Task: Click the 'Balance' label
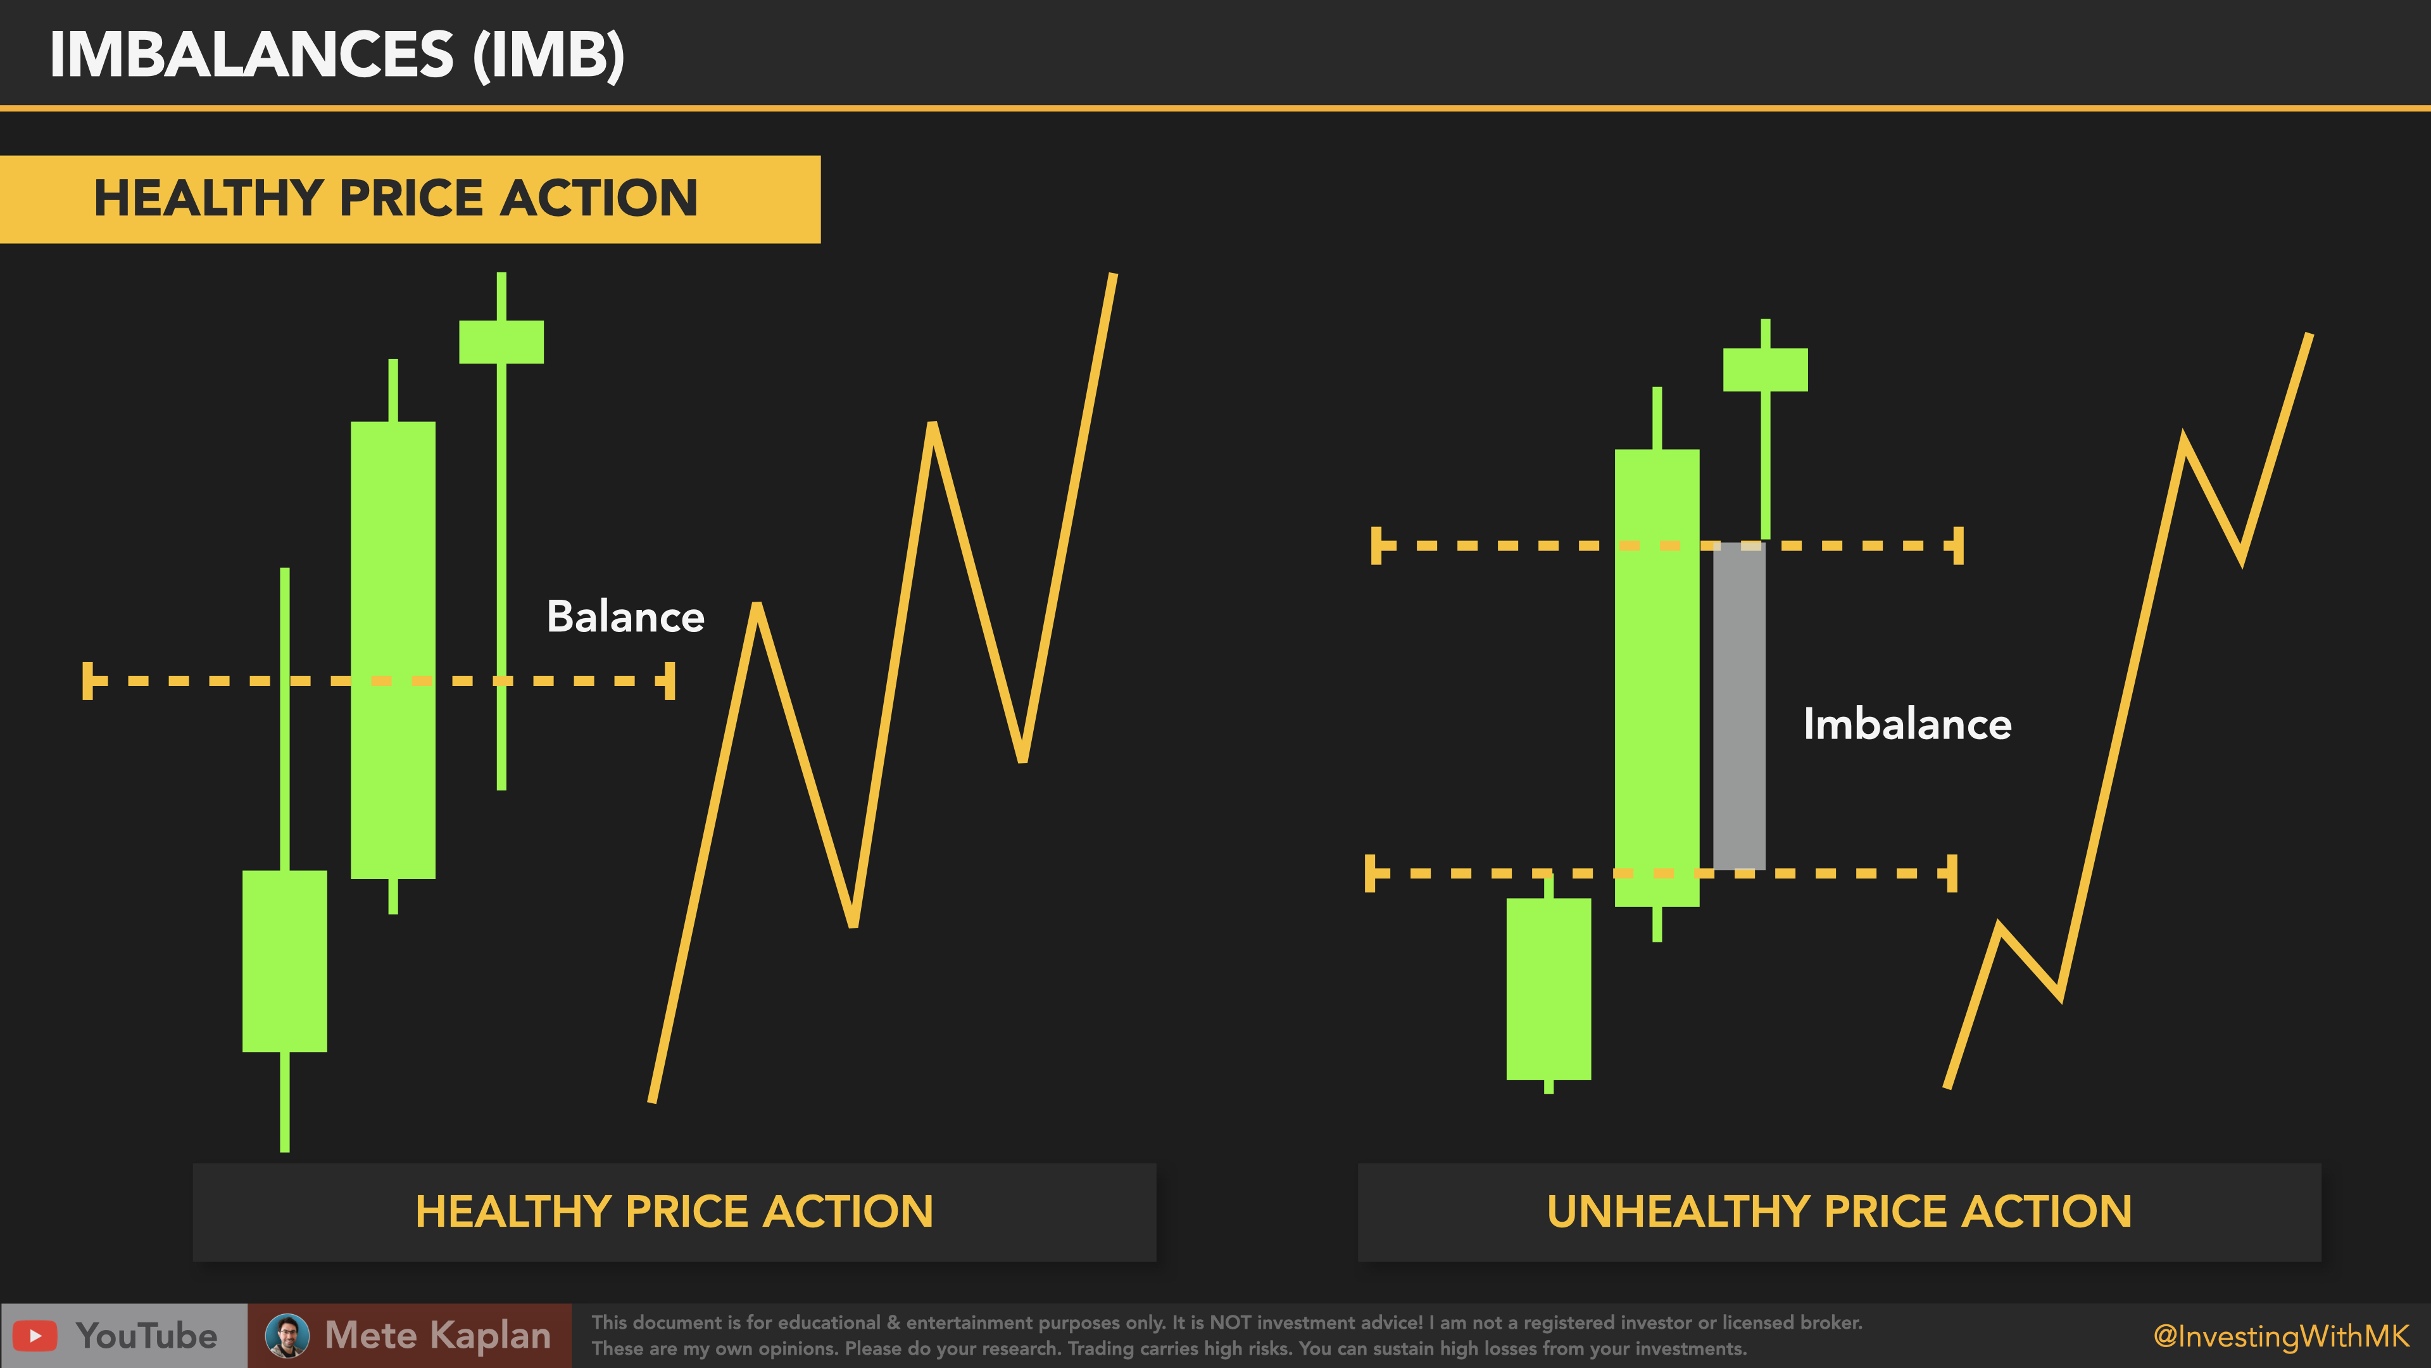625,616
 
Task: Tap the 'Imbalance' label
1907,724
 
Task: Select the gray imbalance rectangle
1738,706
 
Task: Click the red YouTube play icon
35,1336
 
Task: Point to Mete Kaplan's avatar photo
287,1336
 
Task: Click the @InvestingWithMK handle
2281,1336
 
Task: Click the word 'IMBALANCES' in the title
252,54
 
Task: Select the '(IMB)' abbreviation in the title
548,54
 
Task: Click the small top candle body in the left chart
501,342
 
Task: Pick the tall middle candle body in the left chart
393,650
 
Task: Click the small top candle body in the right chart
1765,370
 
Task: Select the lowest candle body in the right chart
1548,989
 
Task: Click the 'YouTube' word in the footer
146,1336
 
